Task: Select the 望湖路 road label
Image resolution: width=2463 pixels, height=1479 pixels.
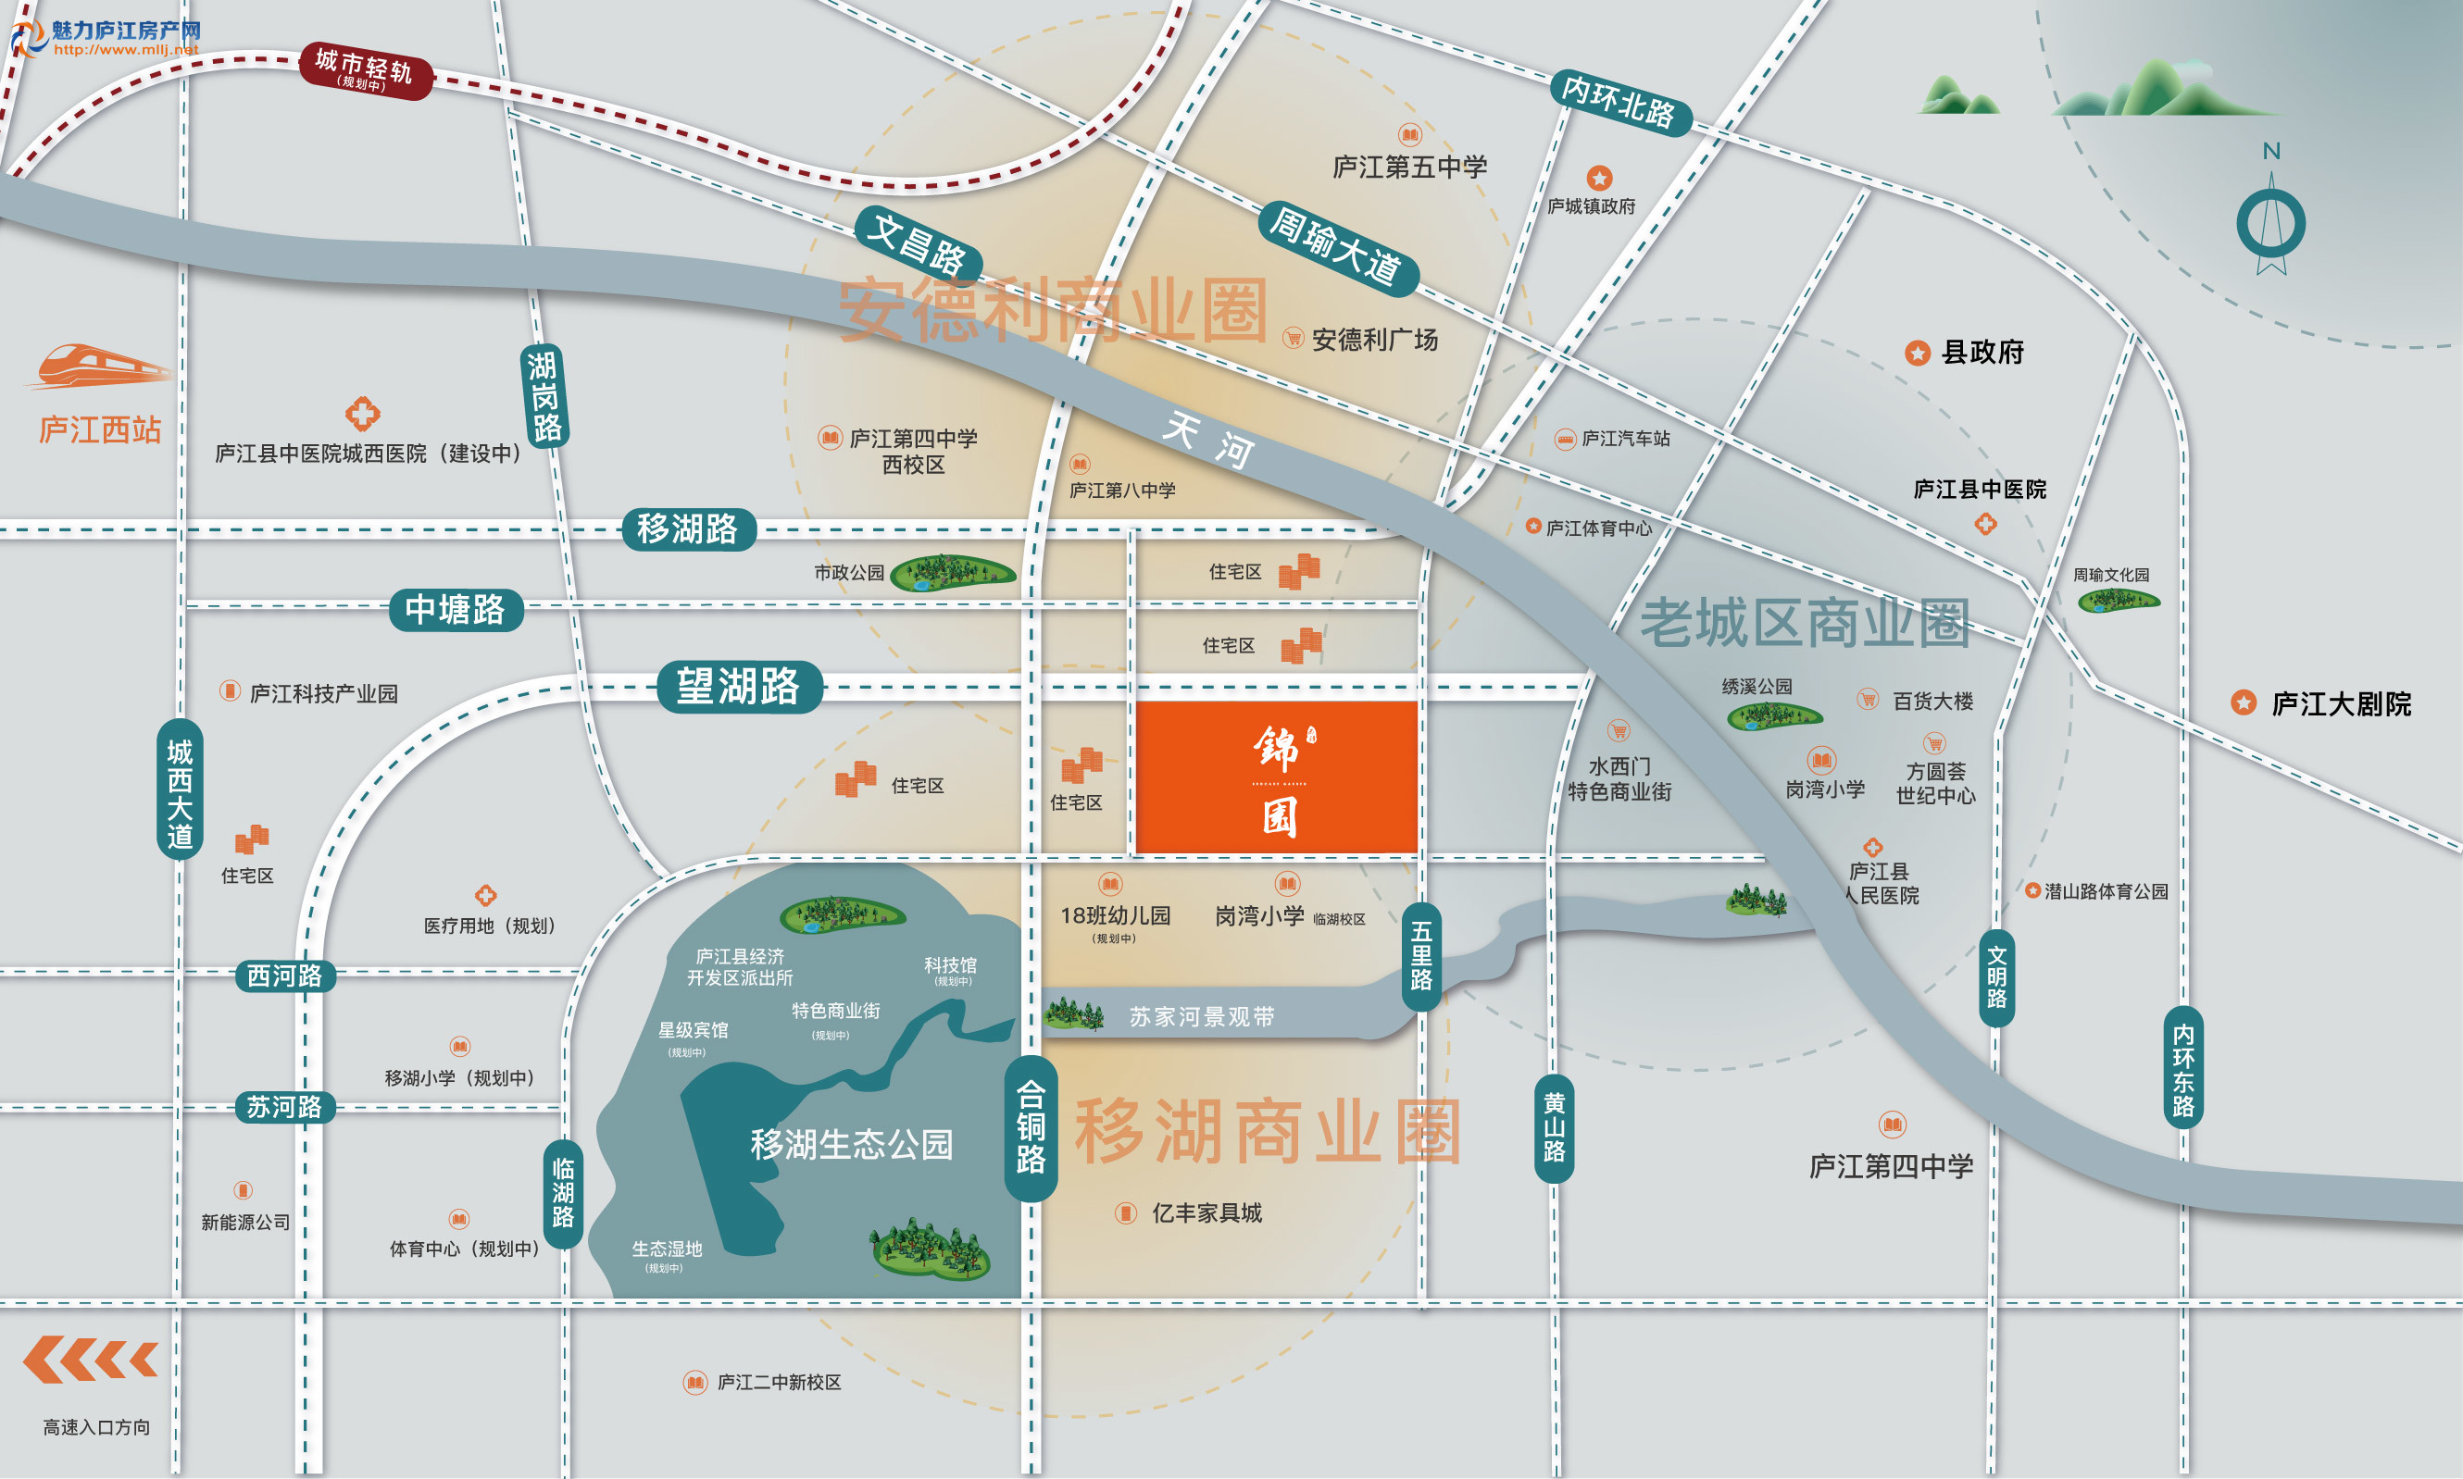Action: point(739,687)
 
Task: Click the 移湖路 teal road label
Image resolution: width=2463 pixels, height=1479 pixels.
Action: point(688,528)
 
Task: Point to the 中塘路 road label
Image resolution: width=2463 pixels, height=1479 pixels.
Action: point(456,609)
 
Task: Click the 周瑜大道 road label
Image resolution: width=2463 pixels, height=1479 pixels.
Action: point(1335,247)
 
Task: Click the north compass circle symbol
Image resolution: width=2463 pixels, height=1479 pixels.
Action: point(2270,224)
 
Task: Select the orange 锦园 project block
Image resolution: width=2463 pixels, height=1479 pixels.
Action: point(1277,777)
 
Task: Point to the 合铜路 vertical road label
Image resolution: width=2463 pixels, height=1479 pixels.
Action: point(1031,1127)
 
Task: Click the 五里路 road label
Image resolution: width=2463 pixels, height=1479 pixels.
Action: point(1421,956)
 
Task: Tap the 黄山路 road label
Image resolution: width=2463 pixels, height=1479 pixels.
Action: point(1554,1127)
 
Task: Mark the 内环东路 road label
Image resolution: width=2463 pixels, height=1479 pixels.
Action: point(2183,1069)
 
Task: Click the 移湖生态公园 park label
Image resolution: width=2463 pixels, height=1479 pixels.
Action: point(851,1144)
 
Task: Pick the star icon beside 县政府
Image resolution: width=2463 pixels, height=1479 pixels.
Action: point(1918,353)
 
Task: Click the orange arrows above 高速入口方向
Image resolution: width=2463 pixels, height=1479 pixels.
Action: point(91,1360)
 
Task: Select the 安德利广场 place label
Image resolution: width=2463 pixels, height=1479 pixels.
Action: point(1374,340)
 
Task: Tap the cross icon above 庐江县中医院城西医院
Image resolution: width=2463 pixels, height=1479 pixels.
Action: point(363,413)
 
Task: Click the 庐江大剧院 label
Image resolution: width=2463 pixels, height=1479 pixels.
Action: point(2341,703)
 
